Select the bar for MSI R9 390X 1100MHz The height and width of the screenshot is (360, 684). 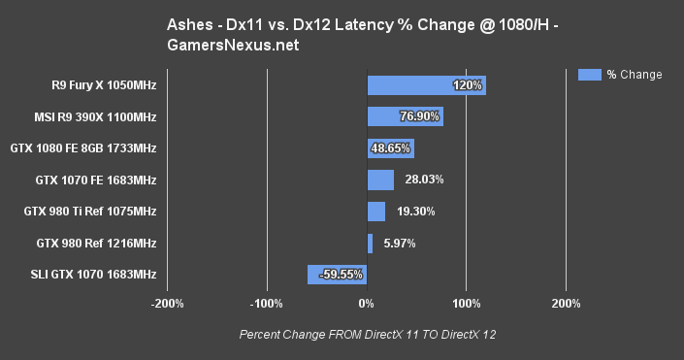[405, 116]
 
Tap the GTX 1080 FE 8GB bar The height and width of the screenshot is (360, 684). [390, 148]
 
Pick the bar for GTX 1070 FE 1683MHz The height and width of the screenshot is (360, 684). [380, 180]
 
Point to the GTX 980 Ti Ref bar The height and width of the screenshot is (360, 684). [376, 212]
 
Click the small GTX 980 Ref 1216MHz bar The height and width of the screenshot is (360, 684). [370, 243]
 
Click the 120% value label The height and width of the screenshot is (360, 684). [468, 85]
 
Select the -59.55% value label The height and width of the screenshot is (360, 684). [342, 275]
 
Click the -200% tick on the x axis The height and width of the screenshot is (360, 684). [168, 304]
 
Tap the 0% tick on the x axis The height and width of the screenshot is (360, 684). [367, 304]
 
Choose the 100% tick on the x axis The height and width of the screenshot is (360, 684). [467, 304]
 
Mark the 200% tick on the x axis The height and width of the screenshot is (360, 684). [566, 304]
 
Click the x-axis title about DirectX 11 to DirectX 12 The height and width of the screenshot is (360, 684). [367, 335]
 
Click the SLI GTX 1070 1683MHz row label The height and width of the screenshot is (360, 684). [93, 275]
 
